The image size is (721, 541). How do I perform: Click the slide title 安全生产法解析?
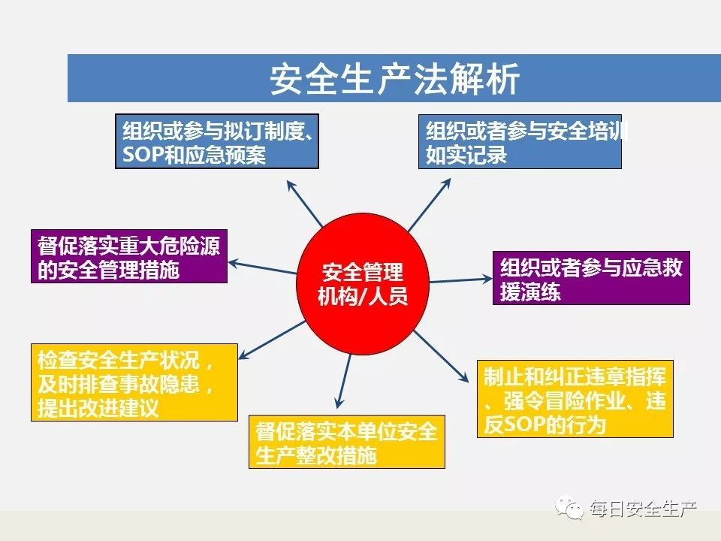(394, 79)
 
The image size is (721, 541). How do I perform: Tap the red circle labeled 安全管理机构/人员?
(363, 283)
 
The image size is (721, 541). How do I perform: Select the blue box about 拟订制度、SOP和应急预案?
(217, 141)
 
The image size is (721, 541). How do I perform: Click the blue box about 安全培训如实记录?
(520, 142)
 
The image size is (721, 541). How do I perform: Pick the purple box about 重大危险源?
(129, 256)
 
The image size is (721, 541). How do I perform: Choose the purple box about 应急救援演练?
(591, 278)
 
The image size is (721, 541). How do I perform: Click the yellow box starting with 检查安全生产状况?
(134, 382)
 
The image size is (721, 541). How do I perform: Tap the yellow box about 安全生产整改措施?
(347, 442)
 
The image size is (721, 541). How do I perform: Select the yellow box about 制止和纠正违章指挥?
(575, 399)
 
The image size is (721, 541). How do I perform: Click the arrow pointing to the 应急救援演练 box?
(460, 280)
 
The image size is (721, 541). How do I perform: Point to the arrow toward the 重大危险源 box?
(263, 267)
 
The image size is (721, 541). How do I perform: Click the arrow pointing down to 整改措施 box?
(344, 381)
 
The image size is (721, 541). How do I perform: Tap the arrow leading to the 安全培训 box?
(430, 204)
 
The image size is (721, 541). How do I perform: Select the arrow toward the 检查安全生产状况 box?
(272, 340)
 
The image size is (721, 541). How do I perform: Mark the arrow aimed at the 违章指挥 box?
(442, 356)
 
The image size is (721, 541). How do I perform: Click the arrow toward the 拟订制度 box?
(304, 204)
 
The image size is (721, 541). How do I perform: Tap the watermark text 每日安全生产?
(644, 509)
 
